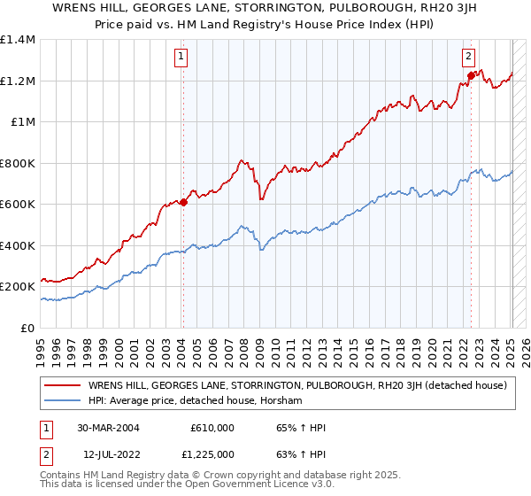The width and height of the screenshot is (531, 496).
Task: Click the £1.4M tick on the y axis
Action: pos(18,40)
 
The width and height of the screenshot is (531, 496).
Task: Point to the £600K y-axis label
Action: pos(18,205)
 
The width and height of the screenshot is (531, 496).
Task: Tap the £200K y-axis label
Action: pos(18,287)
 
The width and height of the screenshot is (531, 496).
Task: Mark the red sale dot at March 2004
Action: pos(183,202)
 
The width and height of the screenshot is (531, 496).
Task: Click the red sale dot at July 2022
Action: pos(471,75)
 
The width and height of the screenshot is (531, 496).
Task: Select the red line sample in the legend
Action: pos(62,385)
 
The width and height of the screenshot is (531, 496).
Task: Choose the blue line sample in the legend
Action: pos(62,401)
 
